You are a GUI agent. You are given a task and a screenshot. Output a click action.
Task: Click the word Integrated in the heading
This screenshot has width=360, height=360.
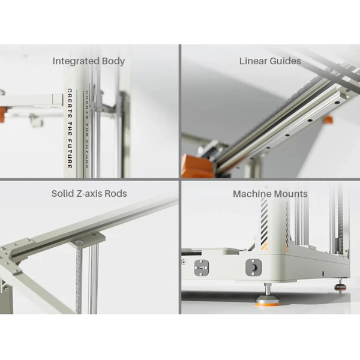click(76, 61)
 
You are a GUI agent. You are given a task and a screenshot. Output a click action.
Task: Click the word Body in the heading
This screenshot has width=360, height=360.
click(113, 61)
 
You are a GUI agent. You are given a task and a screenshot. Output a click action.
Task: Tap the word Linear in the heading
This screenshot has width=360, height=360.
click(253, 61)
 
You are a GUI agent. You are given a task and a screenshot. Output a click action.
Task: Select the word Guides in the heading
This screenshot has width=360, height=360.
click(285, 61)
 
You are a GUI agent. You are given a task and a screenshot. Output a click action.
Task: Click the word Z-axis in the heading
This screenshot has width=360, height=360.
click(89, 194)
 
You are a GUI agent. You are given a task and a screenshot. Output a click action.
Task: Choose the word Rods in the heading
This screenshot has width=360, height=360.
click(116, 194)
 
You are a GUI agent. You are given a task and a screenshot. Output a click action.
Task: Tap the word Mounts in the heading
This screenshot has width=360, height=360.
click(290, 194)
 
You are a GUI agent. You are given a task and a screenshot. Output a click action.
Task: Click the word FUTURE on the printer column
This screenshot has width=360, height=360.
click(70, 154)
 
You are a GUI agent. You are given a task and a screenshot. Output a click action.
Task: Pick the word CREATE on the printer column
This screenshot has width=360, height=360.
click(70, 104)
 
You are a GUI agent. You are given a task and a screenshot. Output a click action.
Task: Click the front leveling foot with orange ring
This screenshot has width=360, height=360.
click(268, 296)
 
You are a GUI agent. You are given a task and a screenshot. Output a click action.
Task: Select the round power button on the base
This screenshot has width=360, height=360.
click(253, 268)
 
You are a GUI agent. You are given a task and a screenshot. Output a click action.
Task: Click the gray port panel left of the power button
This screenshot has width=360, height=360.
click(202, 268)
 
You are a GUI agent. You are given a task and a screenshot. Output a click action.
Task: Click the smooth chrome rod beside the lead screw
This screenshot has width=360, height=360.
click(94, 278)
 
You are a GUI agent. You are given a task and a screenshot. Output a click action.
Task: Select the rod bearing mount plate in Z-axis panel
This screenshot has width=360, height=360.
click(86, 239)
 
